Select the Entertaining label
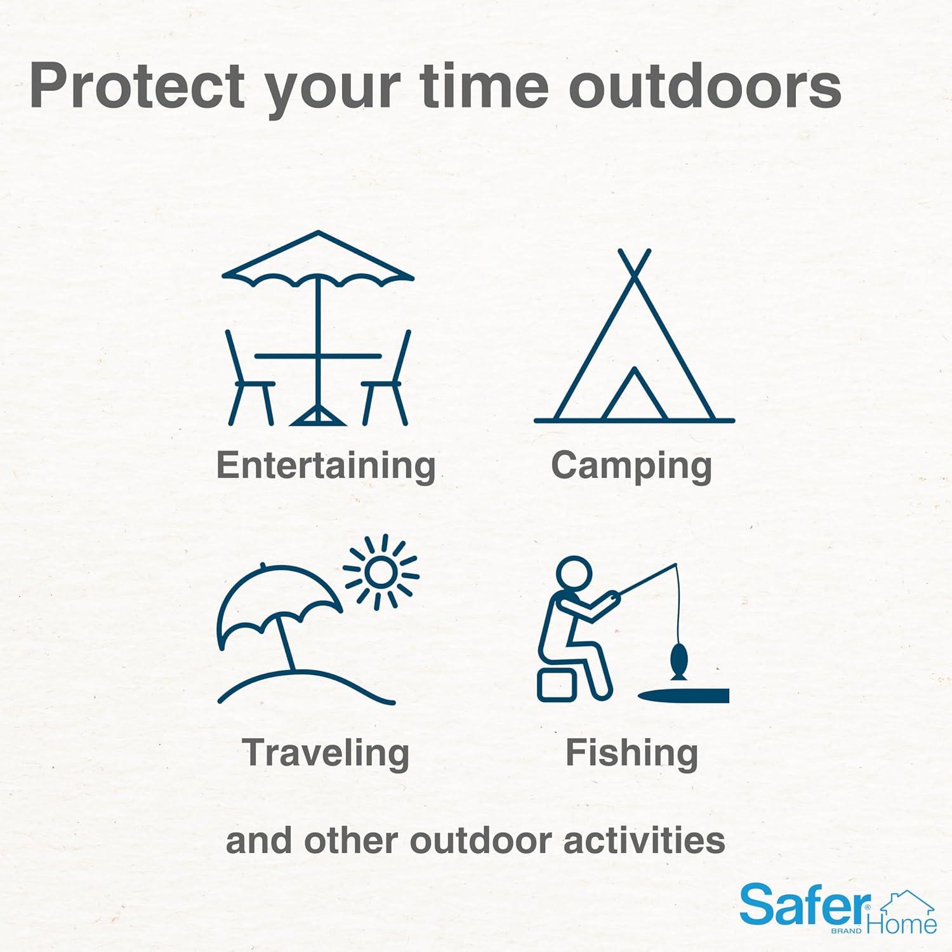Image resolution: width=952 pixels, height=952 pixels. tap(326, 466)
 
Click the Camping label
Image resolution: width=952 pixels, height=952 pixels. tap(631, 466)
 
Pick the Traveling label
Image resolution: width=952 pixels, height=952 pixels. tap(326, 753)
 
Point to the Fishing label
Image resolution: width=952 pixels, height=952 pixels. tap(631, 753)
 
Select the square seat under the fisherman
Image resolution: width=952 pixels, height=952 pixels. tap(557, 685)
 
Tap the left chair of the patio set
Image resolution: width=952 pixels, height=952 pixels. tap(250, 378)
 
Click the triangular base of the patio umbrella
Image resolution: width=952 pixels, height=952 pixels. tap(318, 416)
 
